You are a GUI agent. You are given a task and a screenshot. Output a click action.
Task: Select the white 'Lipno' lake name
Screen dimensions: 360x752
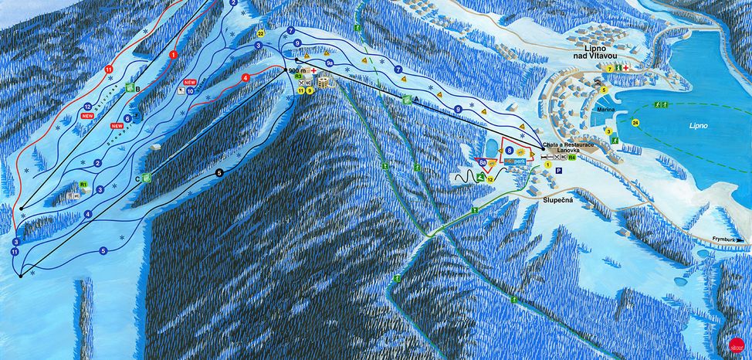point(699,124)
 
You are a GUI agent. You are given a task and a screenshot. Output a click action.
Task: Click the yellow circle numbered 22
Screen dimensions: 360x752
point(261,34)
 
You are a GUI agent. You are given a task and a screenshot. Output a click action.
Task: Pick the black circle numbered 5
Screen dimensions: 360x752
point(219,173)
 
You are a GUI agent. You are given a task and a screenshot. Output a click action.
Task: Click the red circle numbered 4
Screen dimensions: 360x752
point(246,78)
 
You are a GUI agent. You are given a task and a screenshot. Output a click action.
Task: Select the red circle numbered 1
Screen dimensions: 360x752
point(173,55)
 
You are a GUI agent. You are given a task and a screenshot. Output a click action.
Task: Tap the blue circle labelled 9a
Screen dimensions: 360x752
point(329,62)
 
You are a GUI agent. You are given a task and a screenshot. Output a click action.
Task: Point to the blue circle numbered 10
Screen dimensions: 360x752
point(189,90)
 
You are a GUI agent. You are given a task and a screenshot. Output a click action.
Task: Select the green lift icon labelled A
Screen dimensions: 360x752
point(407,99)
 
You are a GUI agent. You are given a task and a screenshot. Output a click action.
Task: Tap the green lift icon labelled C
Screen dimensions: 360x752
point(147,177)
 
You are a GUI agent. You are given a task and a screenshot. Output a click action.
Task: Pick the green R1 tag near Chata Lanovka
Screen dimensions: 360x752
point(573,158)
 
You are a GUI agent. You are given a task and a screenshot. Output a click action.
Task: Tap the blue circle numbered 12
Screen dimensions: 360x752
point(88,107)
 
